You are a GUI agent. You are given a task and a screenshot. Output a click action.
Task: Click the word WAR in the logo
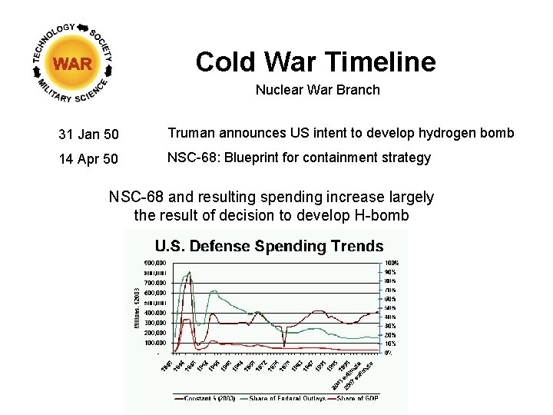(73, 64)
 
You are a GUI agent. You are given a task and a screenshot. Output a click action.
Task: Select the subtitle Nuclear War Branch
(317, 90)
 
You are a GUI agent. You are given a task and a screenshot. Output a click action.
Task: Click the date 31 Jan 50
(88, 135)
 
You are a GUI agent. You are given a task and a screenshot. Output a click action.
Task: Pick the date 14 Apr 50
(88, 160)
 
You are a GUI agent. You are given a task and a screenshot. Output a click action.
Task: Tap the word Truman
(190, 133)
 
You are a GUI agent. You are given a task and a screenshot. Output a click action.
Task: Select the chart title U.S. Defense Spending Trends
(269, 247)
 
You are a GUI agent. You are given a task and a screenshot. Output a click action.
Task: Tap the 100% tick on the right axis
(391, 263)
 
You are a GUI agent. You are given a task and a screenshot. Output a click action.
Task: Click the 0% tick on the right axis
(388, 353)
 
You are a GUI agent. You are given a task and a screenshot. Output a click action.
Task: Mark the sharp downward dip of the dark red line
(284, 344)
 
